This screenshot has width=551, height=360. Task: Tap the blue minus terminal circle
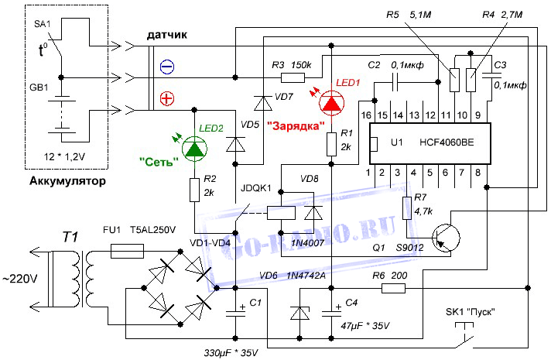pos(166,68)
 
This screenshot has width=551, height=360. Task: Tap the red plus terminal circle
pos(166,98)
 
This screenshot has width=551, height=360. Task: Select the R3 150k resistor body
pos(293,77)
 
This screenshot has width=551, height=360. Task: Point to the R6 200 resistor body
pos(392,289)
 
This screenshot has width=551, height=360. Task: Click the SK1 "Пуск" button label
pos(470,312)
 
